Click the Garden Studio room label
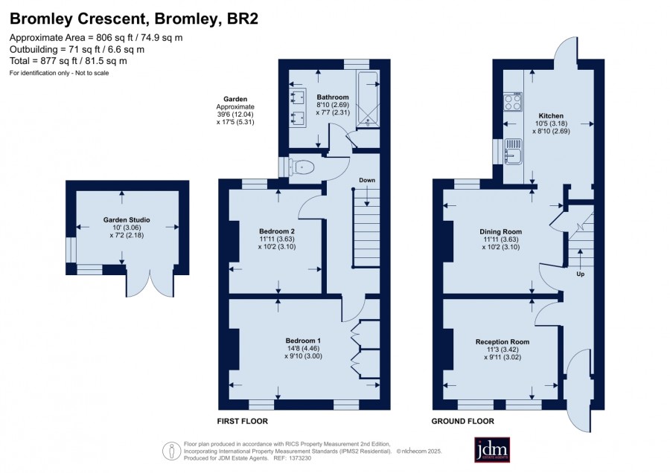point(127,220)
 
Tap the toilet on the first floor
point(301,167)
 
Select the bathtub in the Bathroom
point(368,100)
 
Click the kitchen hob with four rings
point(513,102)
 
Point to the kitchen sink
point(513,151)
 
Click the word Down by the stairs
point(367,180)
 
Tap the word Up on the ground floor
point(580,274)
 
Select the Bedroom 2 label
point(277,231)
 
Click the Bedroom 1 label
point(303,341)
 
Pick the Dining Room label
point(501,232)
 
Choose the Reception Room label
point(502,342)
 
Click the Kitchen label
point(551,116)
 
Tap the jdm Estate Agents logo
point(492,449)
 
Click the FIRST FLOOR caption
point(242,421)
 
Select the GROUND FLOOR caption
point(463,421)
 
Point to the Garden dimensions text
point(235,111)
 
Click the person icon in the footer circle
point(172,451)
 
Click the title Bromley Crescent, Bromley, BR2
point(134,19)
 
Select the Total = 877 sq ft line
point(68,61)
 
